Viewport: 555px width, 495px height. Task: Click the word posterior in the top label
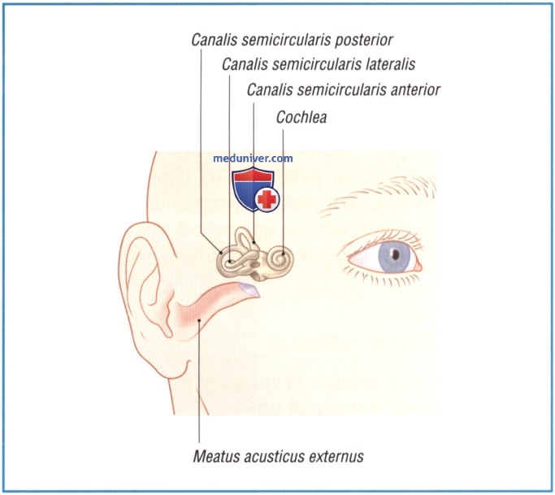point(364,41)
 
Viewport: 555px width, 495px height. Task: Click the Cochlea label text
point(301,118)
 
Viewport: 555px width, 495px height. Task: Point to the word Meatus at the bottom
point(211,456)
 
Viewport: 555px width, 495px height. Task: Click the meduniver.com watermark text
point(253,158)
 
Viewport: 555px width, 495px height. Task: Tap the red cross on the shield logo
point(267,199)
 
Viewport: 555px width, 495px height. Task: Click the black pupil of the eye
point(396,254)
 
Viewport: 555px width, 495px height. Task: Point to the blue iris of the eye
point(395,257)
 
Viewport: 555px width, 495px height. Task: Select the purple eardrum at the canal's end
point(249,289)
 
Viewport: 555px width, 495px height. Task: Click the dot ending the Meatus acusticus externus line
point(199,320)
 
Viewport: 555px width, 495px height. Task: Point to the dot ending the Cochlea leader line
point(283,254)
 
